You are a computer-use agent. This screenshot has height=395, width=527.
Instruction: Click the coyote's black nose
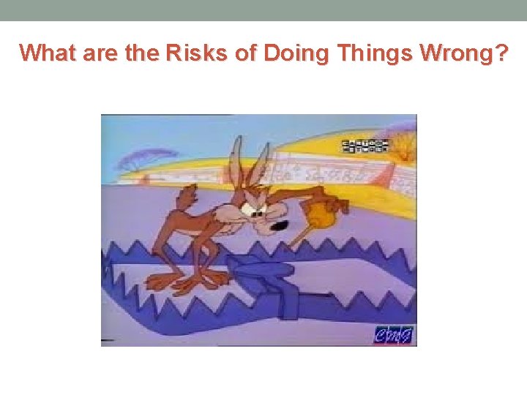coord(279,226)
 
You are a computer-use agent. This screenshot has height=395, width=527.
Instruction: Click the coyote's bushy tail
coord(189,199)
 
